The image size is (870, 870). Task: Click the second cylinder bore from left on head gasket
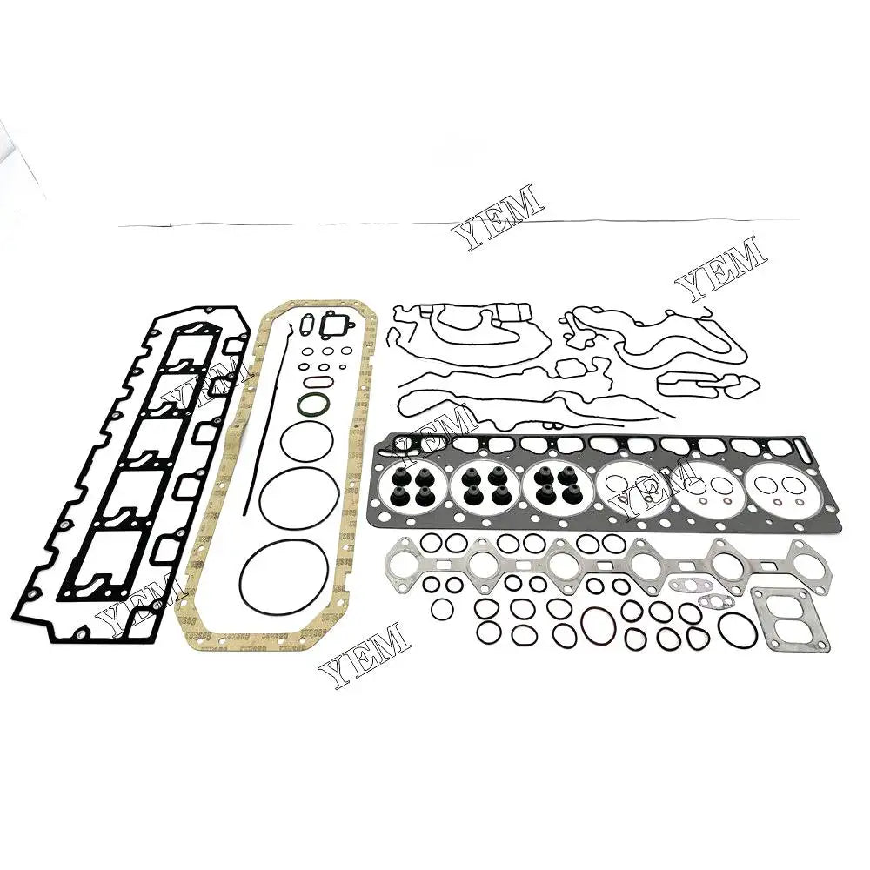pyautogui.click(x=483, y=484)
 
